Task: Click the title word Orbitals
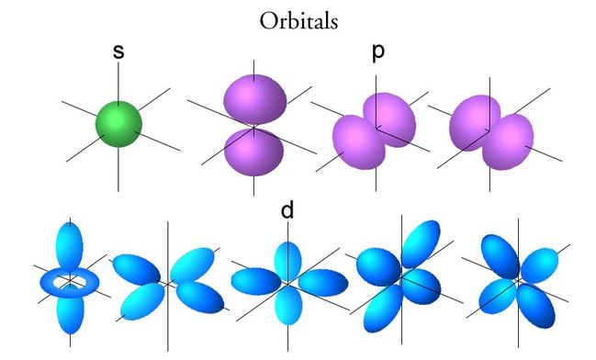pos(298,20)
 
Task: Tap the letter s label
pos(118,51)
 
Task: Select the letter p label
pos(377,52)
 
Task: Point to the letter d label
pos(287,209)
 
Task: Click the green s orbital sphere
pos(118,124)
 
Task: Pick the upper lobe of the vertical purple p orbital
pos(253,99)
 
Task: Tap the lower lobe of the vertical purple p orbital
pos(253,152)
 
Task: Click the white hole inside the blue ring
pos(70,282)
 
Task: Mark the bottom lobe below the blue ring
pos(70,309)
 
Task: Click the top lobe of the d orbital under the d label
pos(287,261)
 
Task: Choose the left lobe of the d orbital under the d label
pos(256,281)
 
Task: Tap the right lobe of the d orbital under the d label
pos(323,283)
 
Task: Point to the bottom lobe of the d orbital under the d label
pos(288,305)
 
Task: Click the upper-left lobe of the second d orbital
pos(137,269)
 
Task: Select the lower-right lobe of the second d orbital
pos(200,298)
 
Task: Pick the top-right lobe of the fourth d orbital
pos(422,243)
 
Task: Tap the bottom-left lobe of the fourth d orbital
pos(383,308)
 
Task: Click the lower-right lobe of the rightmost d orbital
pos(536,306)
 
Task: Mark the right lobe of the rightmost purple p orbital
pos(508,141)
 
